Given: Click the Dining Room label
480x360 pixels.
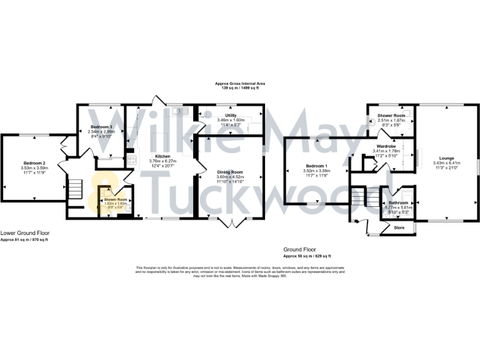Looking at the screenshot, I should click(229, 172).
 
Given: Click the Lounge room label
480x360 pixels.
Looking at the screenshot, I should click(446, 158).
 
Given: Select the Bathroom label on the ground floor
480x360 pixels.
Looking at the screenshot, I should click(397, 203).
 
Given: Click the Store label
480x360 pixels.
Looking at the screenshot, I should click(399, 228).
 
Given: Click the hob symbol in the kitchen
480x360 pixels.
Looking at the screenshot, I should click(132, 160).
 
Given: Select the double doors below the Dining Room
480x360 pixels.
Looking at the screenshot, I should click(231, 222).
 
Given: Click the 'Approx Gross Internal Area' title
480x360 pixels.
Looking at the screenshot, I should click(240, 84).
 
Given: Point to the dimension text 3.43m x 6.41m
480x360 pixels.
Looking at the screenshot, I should click(446, 163).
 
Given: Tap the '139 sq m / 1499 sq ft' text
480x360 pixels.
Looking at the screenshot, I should click(240, 88).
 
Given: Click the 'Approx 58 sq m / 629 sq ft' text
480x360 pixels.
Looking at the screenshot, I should click(307, 256).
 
